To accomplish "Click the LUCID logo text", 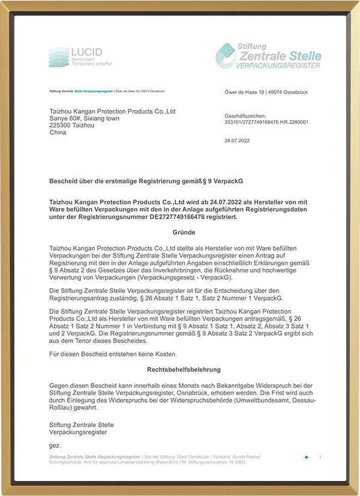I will [x=86, y=52].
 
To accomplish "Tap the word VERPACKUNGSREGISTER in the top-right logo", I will [x=279, y=65].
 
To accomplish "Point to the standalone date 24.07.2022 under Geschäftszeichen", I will [x=237, y=141].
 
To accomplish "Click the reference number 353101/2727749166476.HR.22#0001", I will [x=266, y=121].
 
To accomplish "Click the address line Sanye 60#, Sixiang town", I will [x=84, y=118].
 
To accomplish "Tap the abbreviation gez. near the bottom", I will [x=55, y=446].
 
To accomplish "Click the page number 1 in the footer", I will [x=320, y=457].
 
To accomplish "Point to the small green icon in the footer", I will [x=307, y=457].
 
